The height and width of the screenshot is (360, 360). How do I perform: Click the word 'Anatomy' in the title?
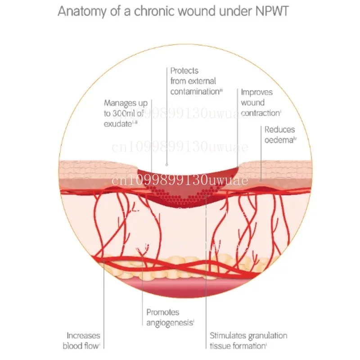[x=80, y=11]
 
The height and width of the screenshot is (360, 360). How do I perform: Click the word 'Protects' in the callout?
[x=184, y=71]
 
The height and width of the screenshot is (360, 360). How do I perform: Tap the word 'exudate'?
[x=117, y=123]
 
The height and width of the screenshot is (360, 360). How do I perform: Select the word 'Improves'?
[x=256, y=92]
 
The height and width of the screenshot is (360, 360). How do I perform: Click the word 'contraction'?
[x=260, y=113]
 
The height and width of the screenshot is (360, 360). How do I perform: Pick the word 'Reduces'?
[x=279, y=130]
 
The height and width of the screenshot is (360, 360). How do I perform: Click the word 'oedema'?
[x=279, y=140]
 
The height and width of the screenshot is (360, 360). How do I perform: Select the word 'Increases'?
[x=83, y=336]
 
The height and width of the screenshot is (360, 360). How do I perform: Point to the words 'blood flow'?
[x=82, y=346]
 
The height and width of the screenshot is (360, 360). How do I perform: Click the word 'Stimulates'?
[x=228, y=336]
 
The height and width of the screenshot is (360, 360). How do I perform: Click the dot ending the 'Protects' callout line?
[x=167, y=165]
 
